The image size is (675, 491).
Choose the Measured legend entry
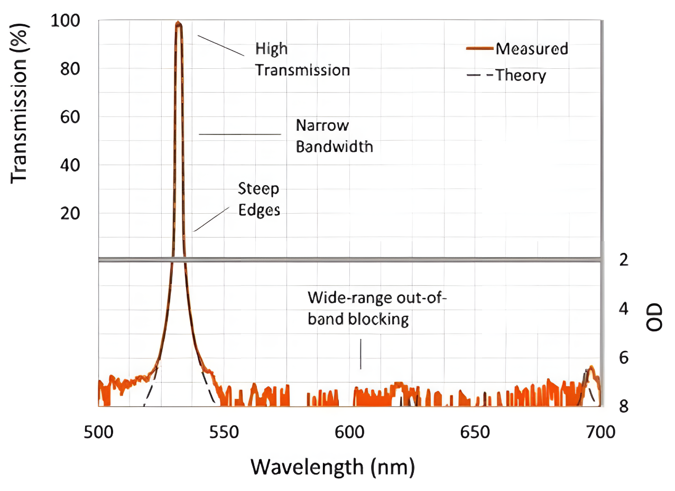click(531, 49)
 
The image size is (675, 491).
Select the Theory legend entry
click(520, 75)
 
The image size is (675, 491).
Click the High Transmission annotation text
click(302, 59)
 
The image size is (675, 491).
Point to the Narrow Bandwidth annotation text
click(334, 136)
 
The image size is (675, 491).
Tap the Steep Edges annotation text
click(258, 199)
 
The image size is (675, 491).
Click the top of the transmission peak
click(179, 23)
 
